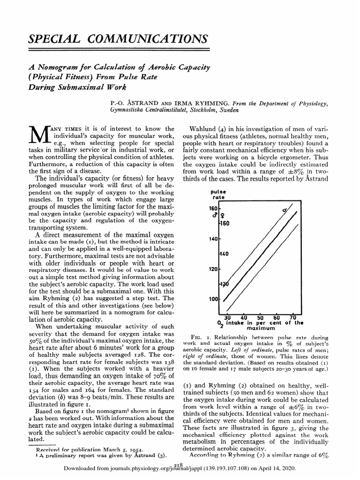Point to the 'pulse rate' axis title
pyautogui.click(x=219, y=195)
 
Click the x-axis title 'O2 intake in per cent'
pyautogui.click(x=260, y=323)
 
